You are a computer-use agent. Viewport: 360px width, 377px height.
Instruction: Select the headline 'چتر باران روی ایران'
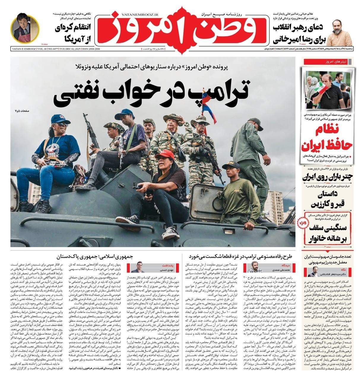[x=328, y=178]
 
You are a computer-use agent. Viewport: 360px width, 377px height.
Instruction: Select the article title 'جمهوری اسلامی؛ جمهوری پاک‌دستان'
[x=95, y=256]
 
